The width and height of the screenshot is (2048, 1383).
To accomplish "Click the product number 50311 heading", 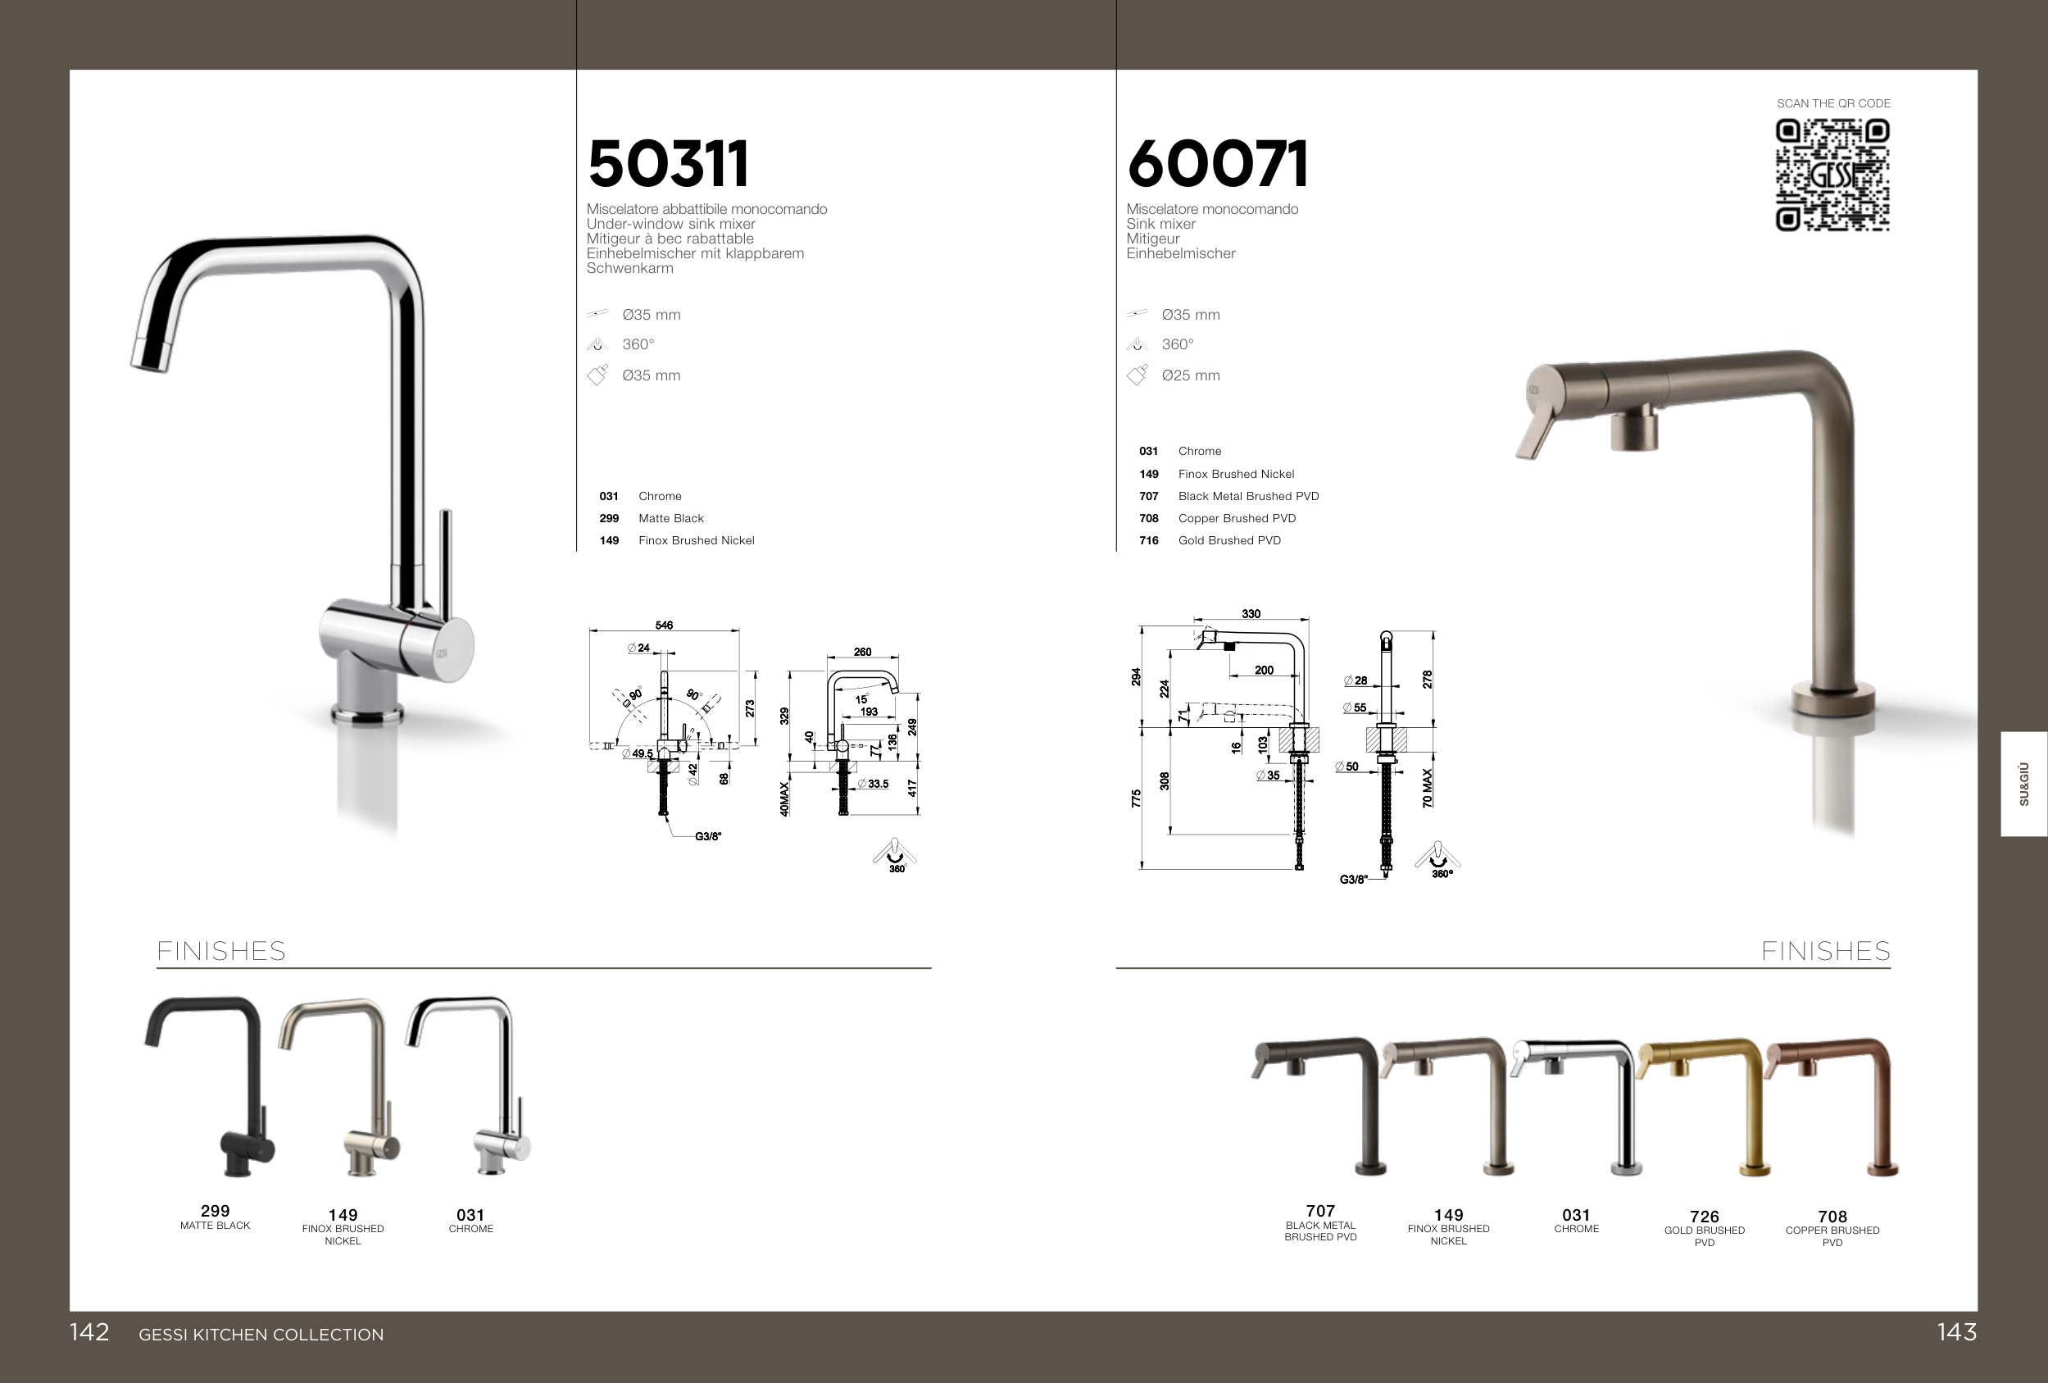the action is point(668,164).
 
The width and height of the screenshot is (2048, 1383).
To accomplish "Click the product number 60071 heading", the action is point(1217,164).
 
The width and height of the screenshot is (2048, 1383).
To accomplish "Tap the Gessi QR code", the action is point(1832,175).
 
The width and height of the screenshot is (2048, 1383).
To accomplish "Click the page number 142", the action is point(89,1332).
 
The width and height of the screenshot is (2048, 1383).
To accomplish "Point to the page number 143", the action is point(1956,1332).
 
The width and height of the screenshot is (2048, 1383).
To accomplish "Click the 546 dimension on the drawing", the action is point(664,625).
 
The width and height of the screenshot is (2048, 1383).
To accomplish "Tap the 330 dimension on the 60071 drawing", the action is point(1251,613).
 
